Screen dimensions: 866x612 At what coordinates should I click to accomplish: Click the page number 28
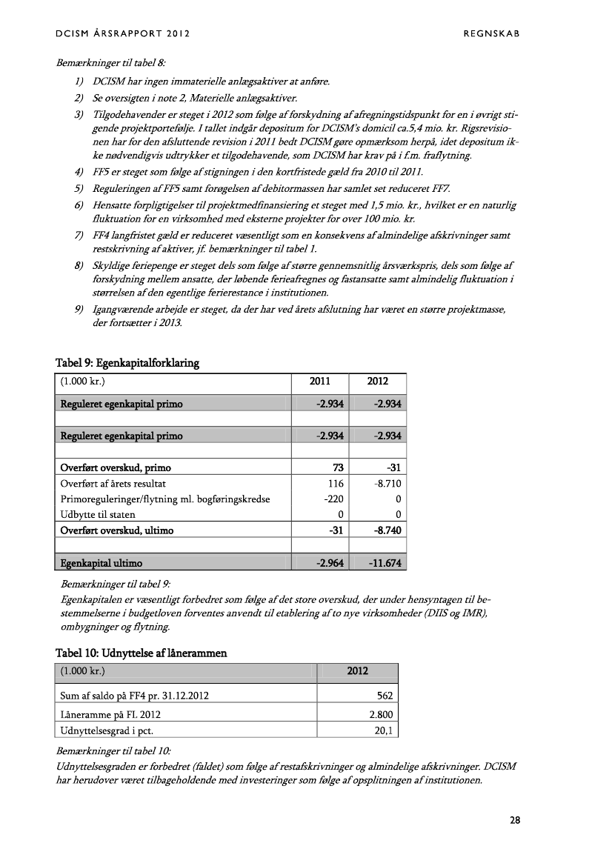515,820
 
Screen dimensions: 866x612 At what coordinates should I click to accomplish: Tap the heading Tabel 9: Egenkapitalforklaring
127,364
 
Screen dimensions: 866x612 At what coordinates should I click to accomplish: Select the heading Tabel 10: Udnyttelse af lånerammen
142,653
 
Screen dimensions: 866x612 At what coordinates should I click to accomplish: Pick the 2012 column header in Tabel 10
358,672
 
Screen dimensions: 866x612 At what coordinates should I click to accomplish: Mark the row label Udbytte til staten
98,515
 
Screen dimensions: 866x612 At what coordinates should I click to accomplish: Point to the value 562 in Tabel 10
385,696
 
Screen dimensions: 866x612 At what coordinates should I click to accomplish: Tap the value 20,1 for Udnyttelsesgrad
385,731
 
